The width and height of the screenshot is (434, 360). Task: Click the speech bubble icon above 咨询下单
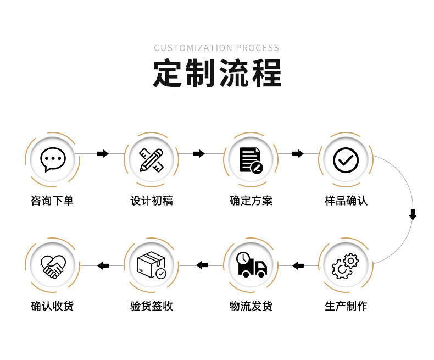(x=53, y=159)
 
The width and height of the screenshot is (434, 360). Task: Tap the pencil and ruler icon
(x=152, y=160)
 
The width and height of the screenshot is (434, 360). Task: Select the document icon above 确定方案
(x=251, y=160)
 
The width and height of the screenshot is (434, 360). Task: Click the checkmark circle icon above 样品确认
(x=346, y=160)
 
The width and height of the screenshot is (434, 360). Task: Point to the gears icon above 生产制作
(x=345, y=266)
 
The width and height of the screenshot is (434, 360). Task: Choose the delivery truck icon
(x=251, y=265)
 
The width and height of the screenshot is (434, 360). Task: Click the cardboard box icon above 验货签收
(x=152, y=265)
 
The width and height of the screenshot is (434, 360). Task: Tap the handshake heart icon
(x=53, y=267)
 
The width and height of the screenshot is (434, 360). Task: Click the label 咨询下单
(x=52, y=201)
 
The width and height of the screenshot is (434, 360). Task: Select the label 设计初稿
(x=152, y=201)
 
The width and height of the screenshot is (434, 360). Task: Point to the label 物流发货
(x=251, y=306)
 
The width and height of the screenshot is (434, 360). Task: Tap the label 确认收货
(x=52, y=306)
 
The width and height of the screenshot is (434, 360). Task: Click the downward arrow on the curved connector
(x=413, y=214)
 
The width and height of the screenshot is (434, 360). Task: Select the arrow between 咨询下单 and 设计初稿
(x=103, y=153)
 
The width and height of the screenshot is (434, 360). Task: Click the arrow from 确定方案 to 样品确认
(x=298, y=153)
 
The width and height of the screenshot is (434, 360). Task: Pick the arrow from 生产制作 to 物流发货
(x=298, y=266)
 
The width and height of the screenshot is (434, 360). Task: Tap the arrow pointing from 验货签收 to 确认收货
(x=103, y=266)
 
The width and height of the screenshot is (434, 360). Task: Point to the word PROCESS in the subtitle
(x=258, y=48)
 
